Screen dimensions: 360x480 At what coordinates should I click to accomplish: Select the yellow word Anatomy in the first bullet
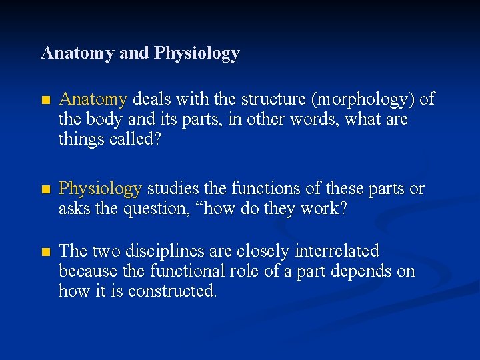pyautogui.click(x=93, y=100)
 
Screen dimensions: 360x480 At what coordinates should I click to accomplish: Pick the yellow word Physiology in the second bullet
pyautogui.click(x=100, y=189)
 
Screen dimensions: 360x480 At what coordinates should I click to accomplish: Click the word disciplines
pyautogui.click(x=160, y=251)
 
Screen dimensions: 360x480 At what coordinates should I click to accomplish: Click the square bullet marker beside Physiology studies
pyautogui.click(x=45, y=190)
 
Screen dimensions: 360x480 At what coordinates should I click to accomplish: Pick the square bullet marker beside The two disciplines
pyautogui.click(x=45, y=252)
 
